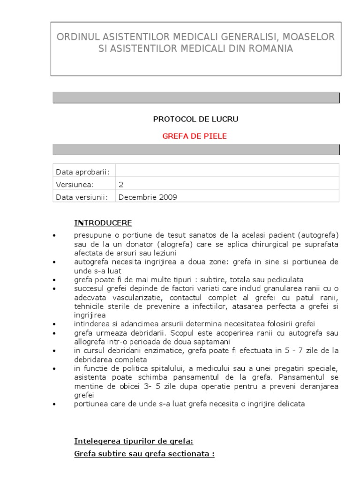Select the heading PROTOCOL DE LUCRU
coord(195,119)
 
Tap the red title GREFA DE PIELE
coord(195,136)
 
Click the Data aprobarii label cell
coord(82,172)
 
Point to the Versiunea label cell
coord(75,184)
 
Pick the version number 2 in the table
coord(121,184)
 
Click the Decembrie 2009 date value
coord(148,197)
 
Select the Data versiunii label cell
coord(82,197)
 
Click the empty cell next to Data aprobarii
coord(227,172)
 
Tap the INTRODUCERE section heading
coord(103,223)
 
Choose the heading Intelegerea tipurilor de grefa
coord(134,441)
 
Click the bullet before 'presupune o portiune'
coord(55,235)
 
